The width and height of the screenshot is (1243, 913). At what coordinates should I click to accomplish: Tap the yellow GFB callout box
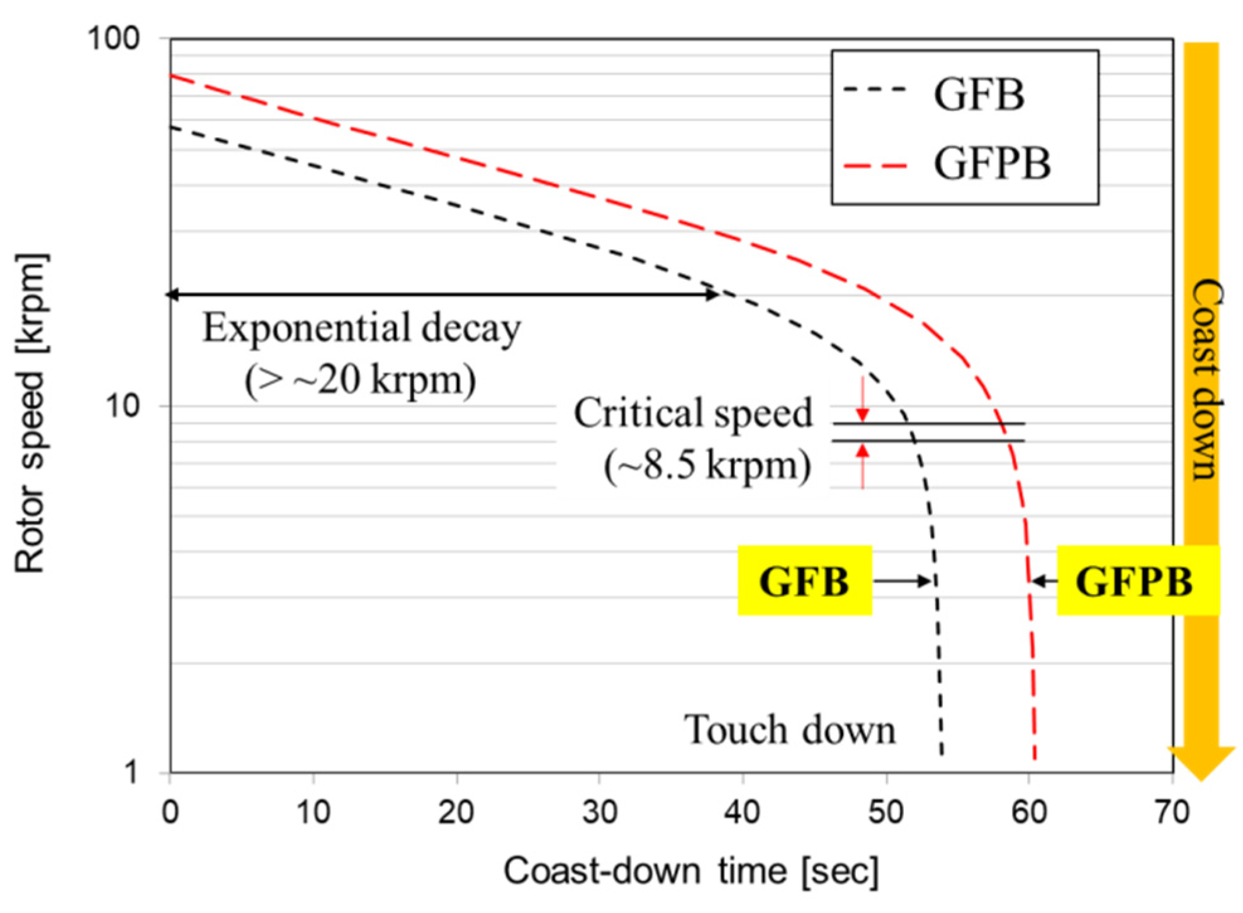click(804, 580)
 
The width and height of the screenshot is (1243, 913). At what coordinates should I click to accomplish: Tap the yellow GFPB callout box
click(1137, 580)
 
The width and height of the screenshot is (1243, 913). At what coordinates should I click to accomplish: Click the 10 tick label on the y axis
click(122, 406)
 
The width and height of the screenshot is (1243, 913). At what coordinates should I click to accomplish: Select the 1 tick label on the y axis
click(130, 772)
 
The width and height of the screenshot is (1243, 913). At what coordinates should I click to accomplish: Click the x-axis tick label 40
click(743, 812)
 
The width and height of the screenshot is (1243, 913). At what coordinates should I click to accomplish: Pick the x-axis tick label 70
click(1172, 812)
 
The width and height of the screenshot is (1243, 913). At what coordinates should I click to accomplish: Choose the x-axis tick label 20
click(456, 812)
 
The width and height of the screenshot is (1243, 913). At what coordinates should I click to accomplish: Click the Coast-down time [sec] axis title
click(690, 871)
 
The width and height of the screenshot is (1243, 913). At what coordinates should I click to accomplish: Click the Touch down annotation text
click(790, 730)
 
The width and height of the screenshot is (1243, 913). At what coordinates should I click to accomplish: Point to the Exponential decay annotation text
click(361, 328)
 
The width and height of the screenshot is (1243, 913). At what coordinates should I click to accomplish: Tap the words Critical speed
click(693, 413)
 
